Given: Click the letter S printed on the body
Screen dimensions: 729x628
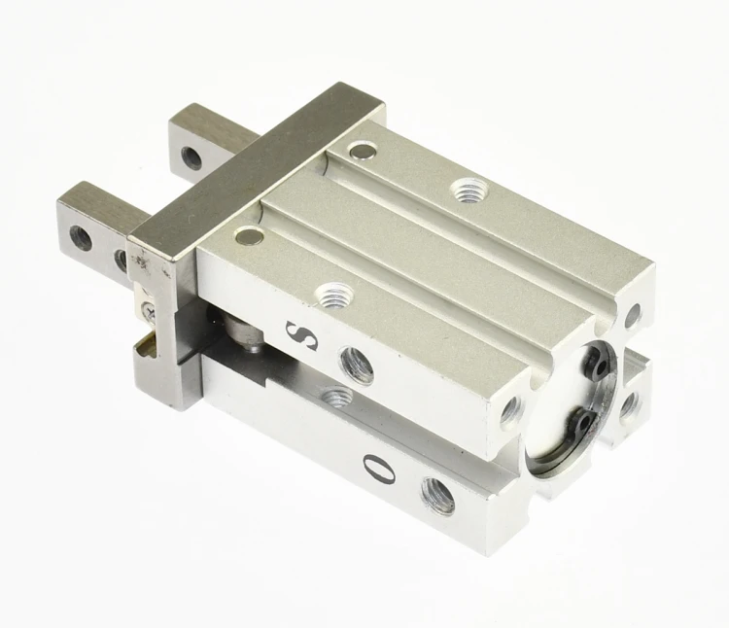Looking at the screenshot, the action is point(301,335).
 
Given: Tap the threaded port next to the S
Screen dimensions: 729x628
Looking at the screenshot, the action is point(357,365).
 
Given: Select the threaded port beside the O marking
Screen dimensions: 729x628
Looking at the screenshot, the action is point(438,495).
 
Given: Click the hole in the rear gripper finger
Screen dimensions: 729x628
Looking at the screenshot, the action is point(191,157).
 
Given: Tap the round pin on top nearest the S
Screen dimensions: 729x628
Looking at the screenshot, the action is point(249,236).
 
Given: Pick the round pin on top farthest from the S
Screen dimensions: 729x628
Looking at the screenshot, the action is point(363,150).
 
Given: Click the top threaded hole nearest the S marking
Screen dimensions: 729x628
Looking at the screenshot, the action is point(334,295).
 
